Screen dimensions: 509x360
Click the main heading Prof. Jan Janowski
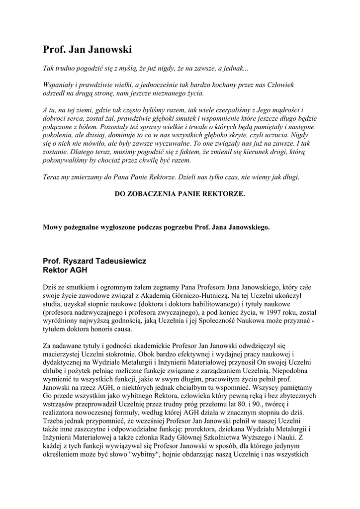(88, 50)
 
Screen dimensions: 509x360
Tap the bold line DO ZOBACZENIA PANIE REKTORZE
(180, 193)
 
